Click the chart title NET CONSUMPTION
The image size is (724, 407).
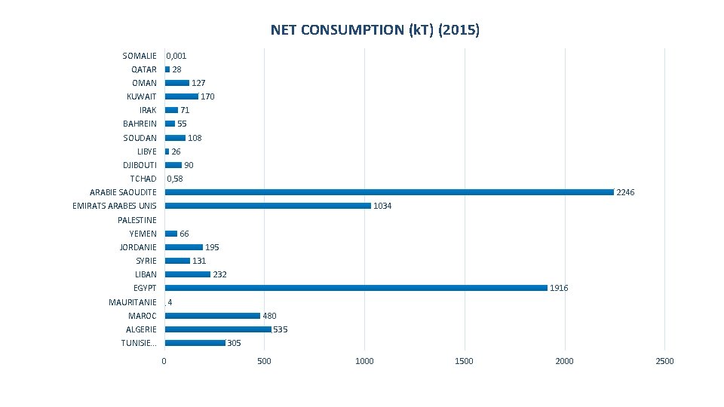375,30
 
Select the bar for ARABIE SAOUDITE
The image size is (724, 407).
389,192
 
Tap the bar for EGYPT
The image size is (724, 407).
356,288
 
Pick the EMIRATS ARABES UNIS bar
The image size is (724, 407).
268,206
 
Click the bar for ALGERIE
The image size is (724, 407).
218,329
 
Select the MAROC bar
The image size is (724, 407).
212,316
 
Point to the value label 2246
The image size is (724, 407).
625,193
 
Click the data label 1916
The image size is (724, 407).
559,288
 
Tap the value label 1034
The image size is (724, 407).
382,207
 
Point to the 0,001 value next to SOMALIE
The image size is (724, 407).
176,56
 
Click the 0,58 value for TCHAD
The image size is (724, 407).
174,179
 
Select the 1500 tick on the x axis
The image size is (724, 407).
464,361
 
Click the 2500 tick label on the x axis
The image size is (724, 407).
664,361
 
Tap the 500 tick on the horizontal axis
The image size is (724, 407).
264,361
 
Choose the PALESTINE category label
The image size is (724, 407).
137,220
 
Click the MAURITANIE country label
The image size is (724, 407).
133,302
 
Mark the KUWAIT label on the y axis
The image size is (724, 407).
142,96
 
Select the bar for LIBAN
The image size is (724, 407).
188,274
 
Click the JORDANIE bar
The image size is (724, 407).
184,247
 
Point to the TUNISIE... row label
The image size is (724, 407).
139,343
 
